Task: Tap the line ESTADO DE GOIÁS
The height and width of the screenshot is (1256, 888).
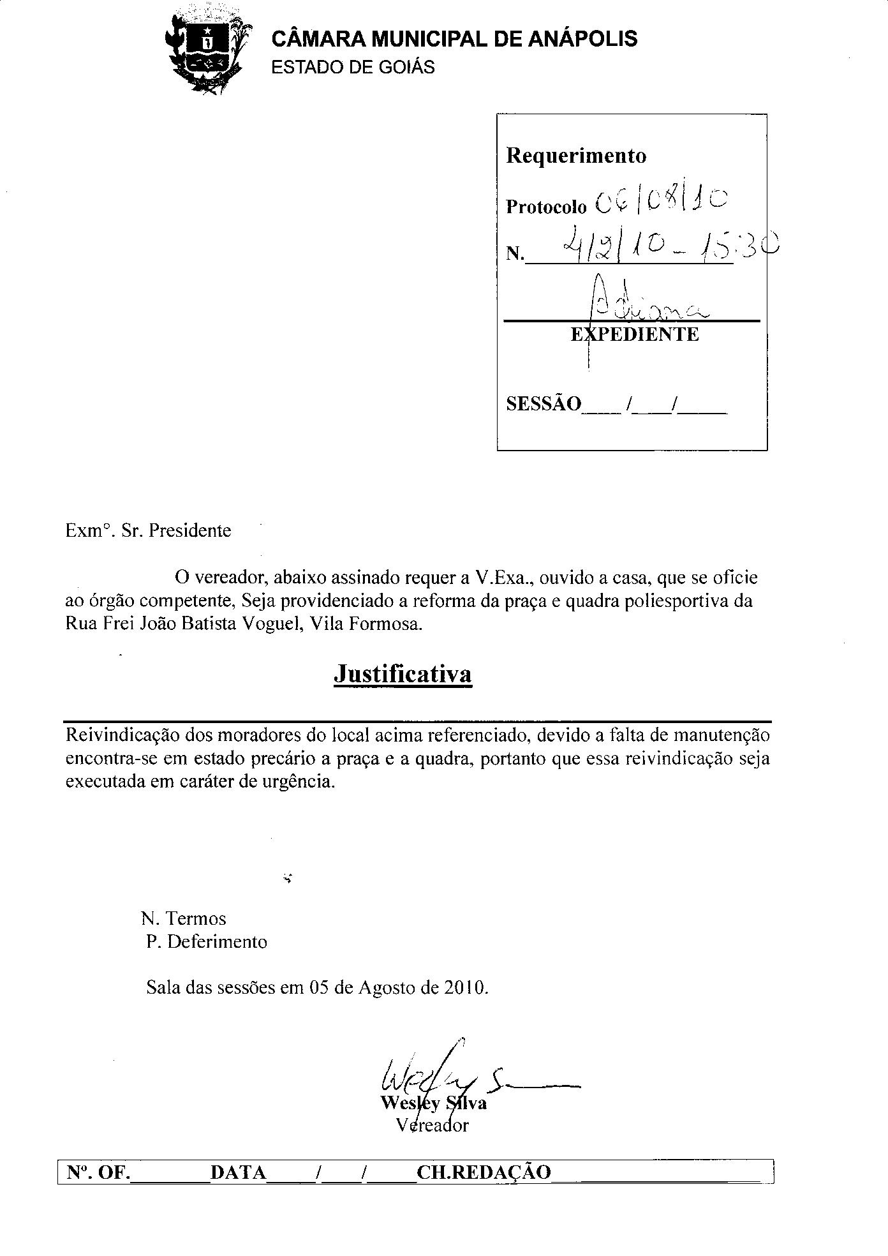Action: pos(353,68)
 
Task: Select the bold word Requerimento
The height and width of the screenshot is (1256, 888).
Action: pos(575,156)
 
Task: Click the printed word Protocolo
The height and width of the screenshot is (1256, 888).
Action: pos(545,207)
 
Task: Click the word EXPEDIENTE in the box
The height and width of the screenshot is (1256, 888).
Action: pos(635,334)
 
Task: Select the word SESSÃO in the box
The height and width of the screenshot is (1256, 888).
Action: pos(544,404)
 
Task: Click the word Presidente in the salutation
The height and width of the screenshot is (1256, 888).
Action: pos(189,530)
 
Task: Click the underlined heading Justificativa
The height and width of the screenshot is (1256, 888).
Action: pos(403,674)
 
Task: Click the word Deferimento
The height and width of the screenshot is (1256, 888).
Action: pos(217,942)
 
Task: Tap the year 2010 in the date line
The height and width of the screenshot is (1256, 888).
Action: pos(466,988)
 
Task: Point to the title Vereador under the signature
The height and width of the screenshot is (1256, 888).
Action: pos(432,1125)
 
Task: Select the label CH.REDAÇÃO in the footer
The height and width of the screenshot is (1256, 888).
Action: pos(483,1172)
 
